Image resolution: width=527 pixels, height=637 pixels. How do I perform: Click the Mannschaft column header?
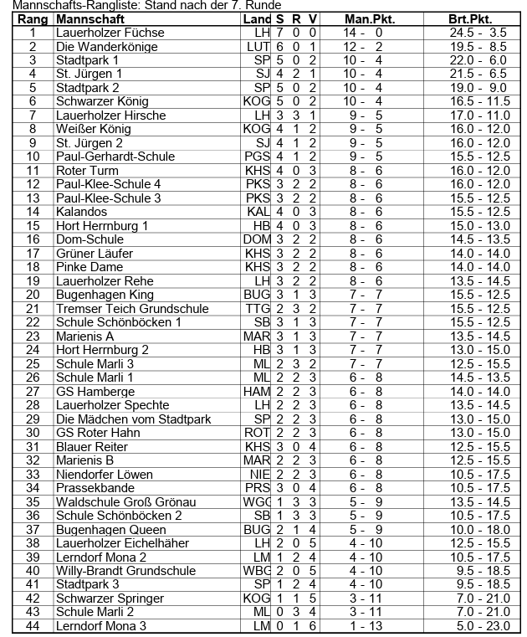[90, 18]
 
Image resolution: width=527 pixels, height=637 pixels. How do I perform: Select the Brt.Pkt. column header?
[470, 18]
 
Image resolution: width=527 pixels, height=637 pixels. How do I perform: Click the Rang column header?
[33, 18]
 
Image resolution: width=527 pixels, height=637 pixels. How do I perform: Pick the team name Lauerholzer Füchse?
[110, 33]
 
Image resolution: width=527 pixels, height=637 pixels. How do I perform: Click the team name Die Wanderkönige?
[106, 47]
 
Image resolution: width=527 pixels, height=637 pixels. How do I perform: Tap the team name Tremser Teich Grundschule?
[132, 309]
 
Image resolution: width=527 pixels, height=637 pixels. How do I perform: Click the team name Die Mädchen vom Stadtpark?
[133, 419]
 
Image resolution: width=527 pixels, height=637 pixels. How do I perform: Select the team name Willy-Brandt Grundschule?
[125, 571]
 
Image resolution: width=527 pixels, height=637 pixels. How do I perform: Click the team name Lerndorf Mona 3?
[101, 626]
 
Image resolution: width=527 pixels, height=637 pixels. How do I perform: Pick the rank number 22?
[33, 322]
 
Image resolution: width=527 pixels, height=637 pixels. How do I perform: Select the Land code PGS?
[257, 157]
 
